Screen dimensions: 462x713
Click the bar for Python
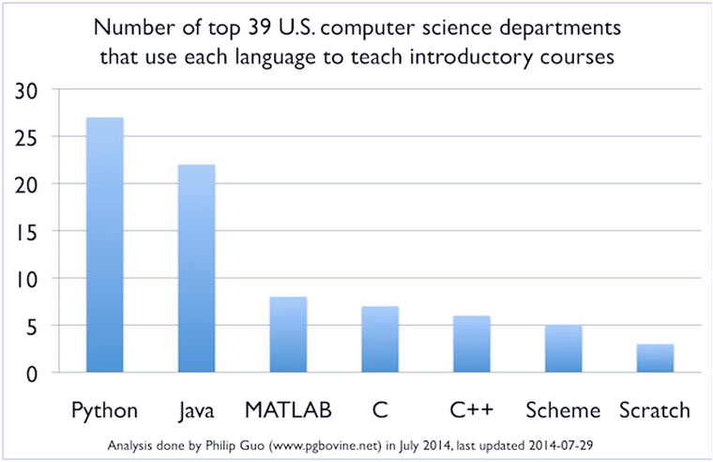point(104,245)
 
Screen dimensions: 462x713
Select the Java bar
point(196,269)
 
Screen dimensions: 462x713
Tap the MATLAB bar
point(288,334)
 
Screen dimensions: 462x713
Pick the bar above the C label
point(379,339)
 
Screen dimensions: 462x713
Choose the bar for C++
point(471,344)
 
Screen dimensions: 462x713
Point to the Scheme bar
point(563,348)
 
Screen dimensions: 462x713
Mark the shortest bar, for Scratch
point(655,358)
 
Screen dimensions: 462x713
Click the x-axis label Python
point(104,410)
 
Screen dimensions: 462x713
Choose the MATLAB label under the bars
point(288,410)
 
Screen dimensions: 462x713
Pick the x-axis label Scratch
point(655,410)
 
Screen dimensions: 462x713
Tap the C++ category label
point(471,410)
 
